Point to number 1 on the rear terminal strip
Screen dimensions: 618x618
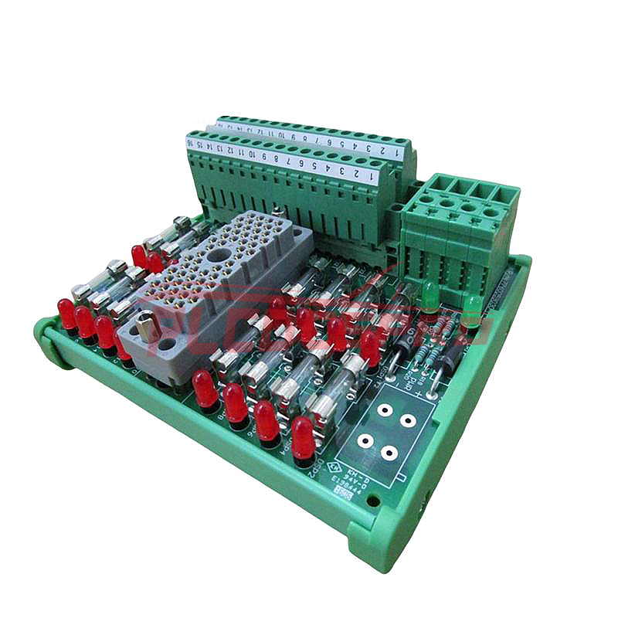point(397,153)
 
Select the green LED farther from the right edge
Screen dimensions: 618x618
point(430,297)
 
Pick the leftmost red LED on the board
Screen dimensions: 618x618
point(66,313)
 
